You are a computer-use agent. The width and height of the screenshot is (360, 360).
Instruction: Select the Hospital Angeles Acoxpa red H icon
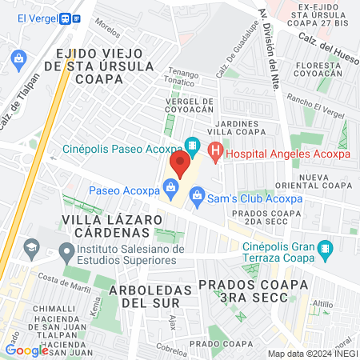214,150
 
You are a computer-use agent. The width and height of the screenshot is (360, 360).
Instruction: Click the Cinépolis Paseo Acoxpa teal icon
191,146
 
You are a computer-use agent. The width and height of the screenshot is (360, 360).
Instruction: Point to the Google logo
26,350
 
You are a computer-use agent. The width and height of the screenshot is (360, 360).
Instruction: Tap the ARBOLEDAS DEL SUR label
152,295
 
